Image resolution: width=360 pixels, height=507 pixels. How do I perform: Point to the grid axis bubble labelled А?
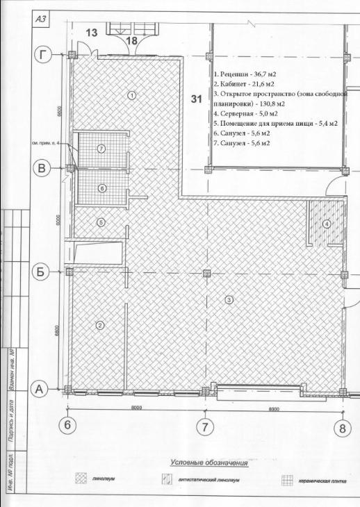[42, 390]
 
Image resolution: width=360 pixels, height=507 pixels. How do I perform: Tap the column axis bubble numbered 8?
[341, 427]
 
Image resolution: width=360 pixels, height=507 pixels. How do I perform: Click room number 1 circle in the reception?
[131, 94]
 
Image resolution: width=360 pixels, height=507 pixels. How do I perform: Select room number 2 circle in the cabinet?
[100, 324]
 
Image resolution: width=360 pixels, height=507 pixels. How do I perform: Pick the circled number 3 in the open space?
[228, 299]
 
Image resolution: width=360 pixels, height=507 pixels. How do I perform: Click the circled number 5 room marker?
[101, 222]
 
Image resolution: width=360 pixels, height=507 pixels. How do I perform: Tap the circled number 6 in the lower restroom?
[101, 188]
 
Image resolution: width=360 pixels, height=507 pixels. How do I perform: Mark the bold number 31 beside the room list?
[197, 99]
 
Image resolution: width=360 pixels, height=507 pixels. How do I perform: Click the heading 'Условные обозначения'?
[208, 463]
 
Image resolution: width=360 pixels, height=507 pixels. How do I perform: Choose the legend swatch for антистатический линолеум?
[167, 480]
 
